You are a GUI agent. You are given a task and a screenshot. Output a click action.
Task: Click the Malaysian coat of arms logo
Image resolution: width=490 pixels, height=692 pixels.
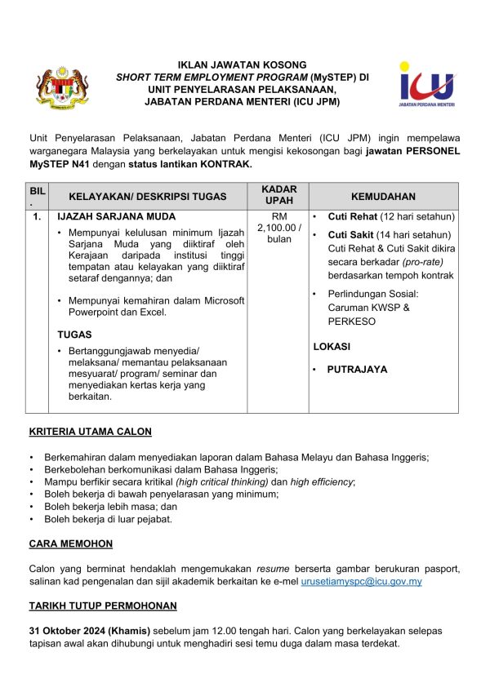[x=61, y=87]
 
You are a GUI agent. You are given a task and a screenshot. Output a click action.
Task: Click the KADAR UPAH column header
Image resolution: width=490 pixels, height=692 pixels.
[x=279, y=195]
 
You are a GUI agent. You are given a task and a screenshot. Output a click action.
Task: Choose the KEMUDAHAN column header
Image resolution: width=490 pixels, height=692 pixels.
[x=383, y=197]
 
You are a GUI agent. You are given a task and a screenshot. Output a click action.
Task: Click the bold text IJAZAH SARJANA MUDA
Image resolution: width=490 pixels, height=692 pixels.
[x=105, y=217]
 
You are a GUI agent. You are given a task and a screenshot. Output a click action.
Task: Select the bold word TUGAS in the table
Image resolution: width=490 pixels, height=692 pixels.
[x=74, y=335]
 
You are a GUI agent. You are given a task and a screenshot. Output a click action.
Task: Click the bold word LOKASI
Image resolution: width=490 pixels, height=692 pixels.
[x=332, y=347]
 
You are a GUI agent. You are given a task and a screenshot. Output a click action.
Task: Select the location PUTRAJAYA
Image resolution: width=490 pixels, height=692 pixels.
[x=357, y=370]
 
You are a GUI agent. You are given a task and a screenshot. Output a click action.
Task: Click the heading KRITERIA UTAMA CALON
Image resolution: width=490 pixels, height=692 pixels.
[x=90, y=432]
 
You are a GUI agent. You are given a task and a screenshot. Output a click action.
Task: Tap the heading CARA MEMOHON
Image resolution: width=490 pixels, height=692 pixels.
[x=70, y=543]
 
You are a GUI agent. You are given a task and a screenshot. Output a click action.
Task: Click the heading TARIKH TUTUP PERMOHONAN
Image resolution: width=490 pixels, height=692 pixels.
[x=102, y=606]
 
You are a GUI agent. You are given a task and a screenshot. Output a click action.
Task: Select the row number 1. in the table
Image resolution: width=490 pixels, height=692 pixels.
[x=37, y=217]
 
